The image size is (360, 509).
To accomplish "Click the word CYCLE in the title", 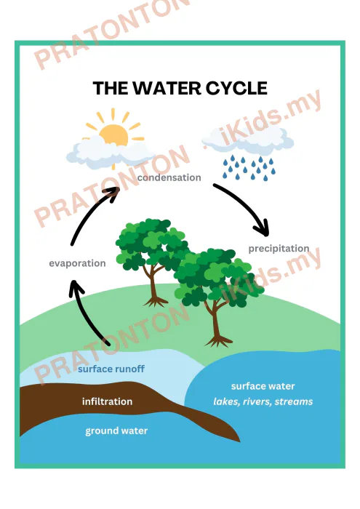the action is coord(236,88).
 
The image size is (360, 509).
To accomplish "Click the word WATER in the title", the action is coord(167,88).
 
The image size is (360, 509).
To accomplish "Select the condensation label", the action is coord(169,177).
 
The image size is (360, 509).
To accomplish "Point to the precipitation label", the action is coord(279,249).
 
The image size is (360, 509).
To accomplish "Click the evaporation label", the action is coord(77,263).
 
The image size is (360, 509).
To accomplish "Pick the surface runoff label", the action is coord(111,369).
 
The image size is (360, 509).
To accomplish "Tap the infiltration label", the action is coord(107,401).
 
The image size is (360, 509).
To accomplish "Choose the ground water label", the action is coord(116,430).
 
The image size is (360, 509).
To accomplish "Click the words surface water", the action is coord(263,386).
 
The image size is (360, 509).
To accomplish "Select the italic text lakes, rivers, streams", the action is coord(263,402).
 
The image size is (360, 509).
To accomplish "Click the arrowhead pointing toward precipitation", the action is coord(263,228).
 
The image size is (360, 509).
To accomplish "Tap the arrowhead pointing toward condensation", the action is coord(112,193).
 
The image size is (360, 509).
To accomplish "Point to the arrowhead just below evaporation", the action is coord(76,287).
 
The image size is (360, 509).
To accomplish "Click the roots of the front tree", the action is coord(218,342).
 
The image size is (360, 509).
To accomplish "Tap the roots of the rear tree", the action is coord(156,302).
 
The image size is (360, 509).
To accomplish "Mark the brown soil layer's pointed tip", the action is coord(239,441).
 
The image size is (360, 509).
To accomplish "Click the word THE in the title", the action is coord(111,88).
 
